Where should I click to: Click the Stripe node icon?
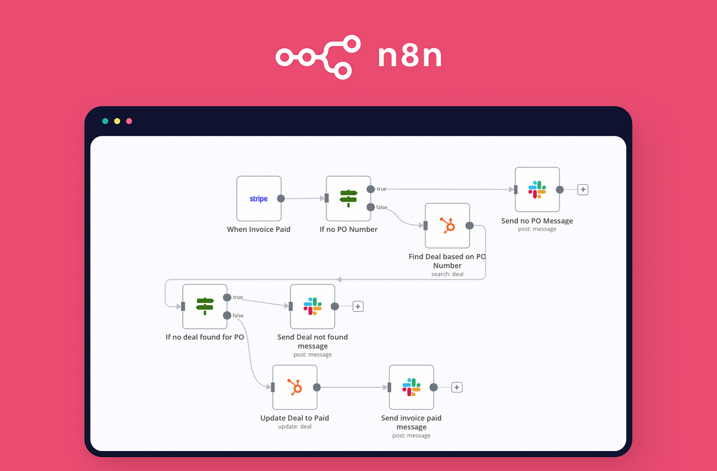(x=259, y=199)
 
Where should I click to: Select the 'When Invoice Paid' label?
(x=259, y=230)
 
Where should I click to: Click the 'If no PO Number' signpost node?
(x=349, y=198)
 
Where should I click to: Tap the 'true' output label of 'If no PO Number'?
(x=382, y=189)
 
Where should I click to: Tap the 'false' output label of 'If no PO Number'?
(x=382, y=208)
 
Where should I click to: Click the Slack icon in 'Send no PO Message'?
(x=537, y=190)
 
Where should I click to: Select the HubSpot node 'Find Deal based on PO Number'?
(x=448, y=226)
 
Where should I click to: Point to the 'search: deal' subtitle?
(x=447, y=274)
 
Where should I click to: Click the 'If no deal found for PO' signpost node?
(x=205, y=306)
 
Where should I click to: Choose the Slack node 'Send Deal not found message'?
(x=312, y=306)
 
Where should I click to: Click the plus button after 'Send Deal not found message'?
(x=358, y=306)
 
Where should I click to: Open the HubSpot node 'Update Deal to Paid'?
(x=294, y=387)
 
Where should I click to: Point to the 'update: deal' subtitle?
(x=294, y=426)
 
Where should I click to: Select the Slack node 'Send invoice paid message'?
(x=411, y=387)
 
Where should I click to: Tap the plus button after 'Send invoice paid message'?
(x=457, y=387)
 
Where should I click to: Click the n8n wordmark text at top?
(x=410, y=56)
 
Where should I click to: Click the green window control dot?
(x=105, y=121)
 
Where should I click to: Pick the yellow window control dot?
(x=117, y=121)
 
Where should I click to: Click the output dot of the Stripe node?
(x=281, y=199)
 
